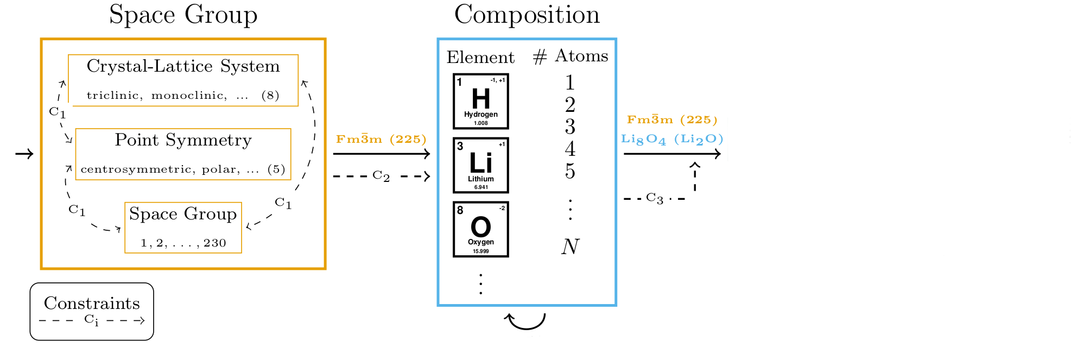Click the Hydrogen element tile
pyautogui.click(x=480, y=102)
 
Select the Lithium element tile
pyautogui.click(x=480, y=165)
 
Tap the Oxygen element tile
pyautogui.click(x=480, y=229)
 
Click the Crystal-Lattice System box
pyautogui.click(x=183, y=80)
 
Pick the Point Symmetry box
pyautogui.click(x=183, y=154)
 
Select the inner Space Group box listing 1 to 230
pyautogui.click(x=183, y=228)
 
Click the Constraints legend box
pyautogui.click(x=92, y=311)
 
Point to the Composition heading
pyautogui.click(x=527, y=15)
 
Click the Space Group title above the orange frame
pyautogui.click(x=183, y=15)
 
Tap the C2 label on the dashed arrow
pyautogui.click(x=381, y=176)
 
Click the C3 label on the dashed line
pyautogui.click(x=655, y=199)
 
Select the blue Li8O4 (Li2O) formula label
pyautogui.click(x=672, y=139)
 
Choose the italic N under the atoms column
pyautogui.click(x=570, y=247)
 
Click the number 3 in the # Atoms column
pyautogui.click(x=570, y=127)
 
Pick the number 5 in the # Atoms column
pyautogui.click(x=570, y=171)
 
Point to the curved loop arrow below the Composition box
pyautogui.click(x=525, y=321)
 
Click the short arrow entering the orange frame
pyautogui.click(x=24, y=154)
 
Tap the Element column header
pyautogui.click(x=480, y=57)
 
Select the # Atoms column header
pyautogui.click(x=571, y=56)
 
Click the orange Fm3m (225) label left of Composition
pyautogui.click(x=381, y=139)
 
